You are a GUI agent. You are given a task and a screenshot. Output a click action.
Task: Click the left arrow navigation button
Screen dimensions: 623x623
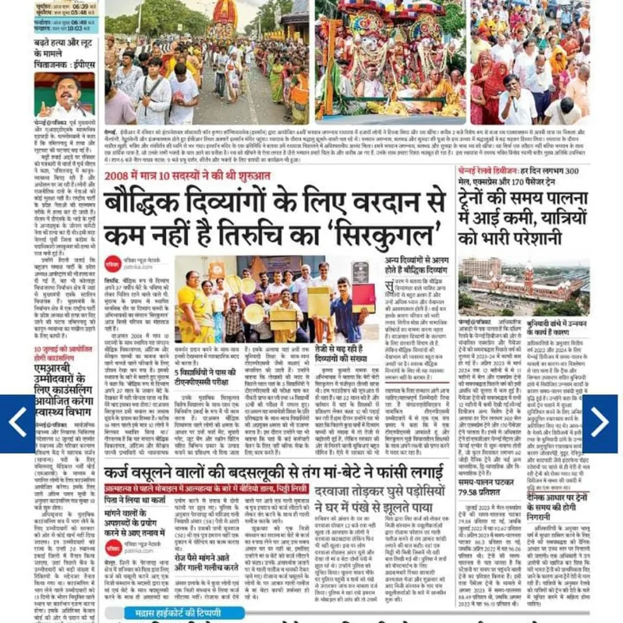[17, 423]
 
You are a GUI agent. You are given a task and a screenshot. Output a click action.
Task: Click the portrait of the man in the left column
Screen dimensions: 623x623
[64, 95]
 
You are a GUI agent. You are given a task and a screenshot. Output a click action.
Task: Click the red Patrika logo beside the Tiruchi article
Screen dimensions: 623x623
[111, 263]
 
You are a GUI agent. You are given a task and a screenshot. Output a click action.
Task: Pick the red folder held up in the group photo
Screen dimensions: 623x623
[363, 297]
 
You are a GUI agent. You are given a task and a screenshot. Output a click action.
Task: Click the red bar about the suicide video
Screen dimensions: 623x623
[206, 488]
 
